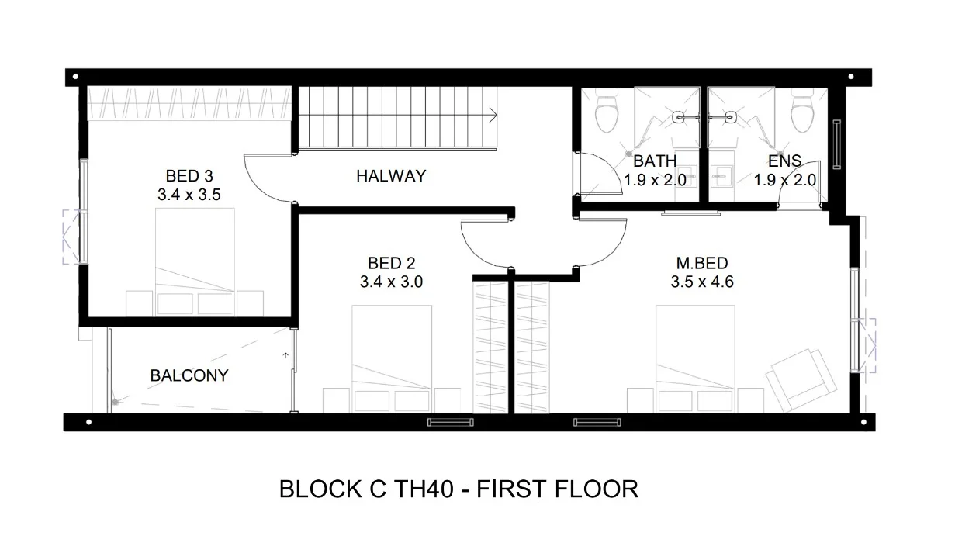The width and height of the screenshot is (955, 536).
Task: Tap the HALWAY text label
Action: click(x=391, y=176)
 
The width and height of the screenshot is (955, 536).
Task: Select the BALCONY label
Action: click(x=189, y=375)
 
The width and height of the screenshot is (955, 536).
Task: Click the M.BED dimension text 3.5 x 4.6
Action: click(x=702, y=282)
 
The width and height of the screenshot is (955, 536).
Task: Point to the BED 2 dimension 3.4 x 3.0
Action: click(x=391, y=282)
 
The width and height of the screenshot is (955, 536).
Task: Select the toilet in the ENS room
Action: click(x=802, y=114)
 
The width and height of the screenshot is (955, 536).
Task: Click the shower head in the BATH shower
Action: click(x=680, y=118)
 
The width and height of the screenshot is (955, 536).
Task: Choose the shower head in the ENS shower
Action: click(x=730, y=118)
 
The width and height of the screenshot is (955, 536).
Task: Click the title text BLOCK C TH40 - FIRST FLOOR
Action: click(x=458, y=489)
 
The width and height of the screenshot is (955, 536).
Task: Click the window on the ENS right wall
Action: click(x=837, y=144)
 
